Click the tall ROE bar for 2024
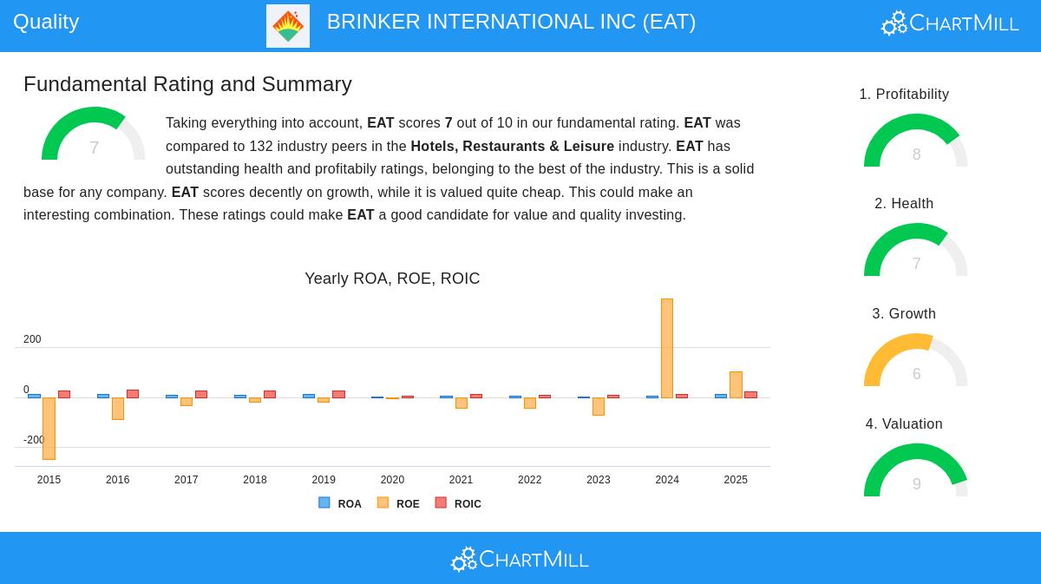click(x=667, y=348)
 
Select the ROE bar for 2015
click(x=49, y=428)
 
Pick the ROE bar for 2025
click(x=736, y=384)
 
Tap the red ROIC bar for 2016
click(x=133, y=394)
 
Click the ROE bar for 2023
click(x=599, y=406)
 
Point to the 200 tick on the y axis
click(x=32, y=339)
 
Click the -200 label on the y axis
click(x=34, y=440)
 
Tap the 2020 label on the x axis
click(x=392, y=480)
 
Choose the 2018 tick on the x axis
click(x=255, y=480)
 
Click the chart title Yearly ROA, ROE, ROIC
click(x=392, y=279)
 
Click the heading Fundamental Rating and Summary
click(x=187, y=84)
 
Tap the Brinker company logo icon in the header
click(x=288, y=26)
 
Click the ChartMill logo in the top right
click(x=950, y=23)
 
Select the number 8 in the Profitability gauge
click(x=916, y=154)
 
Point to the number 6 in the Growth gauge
click(x=916, y=374)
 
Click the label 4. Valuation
click(x=904, y=423)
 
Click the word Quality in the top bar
click(x=46, y=22)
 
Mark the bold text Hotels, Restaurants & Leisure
click(x=512, y=146)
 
